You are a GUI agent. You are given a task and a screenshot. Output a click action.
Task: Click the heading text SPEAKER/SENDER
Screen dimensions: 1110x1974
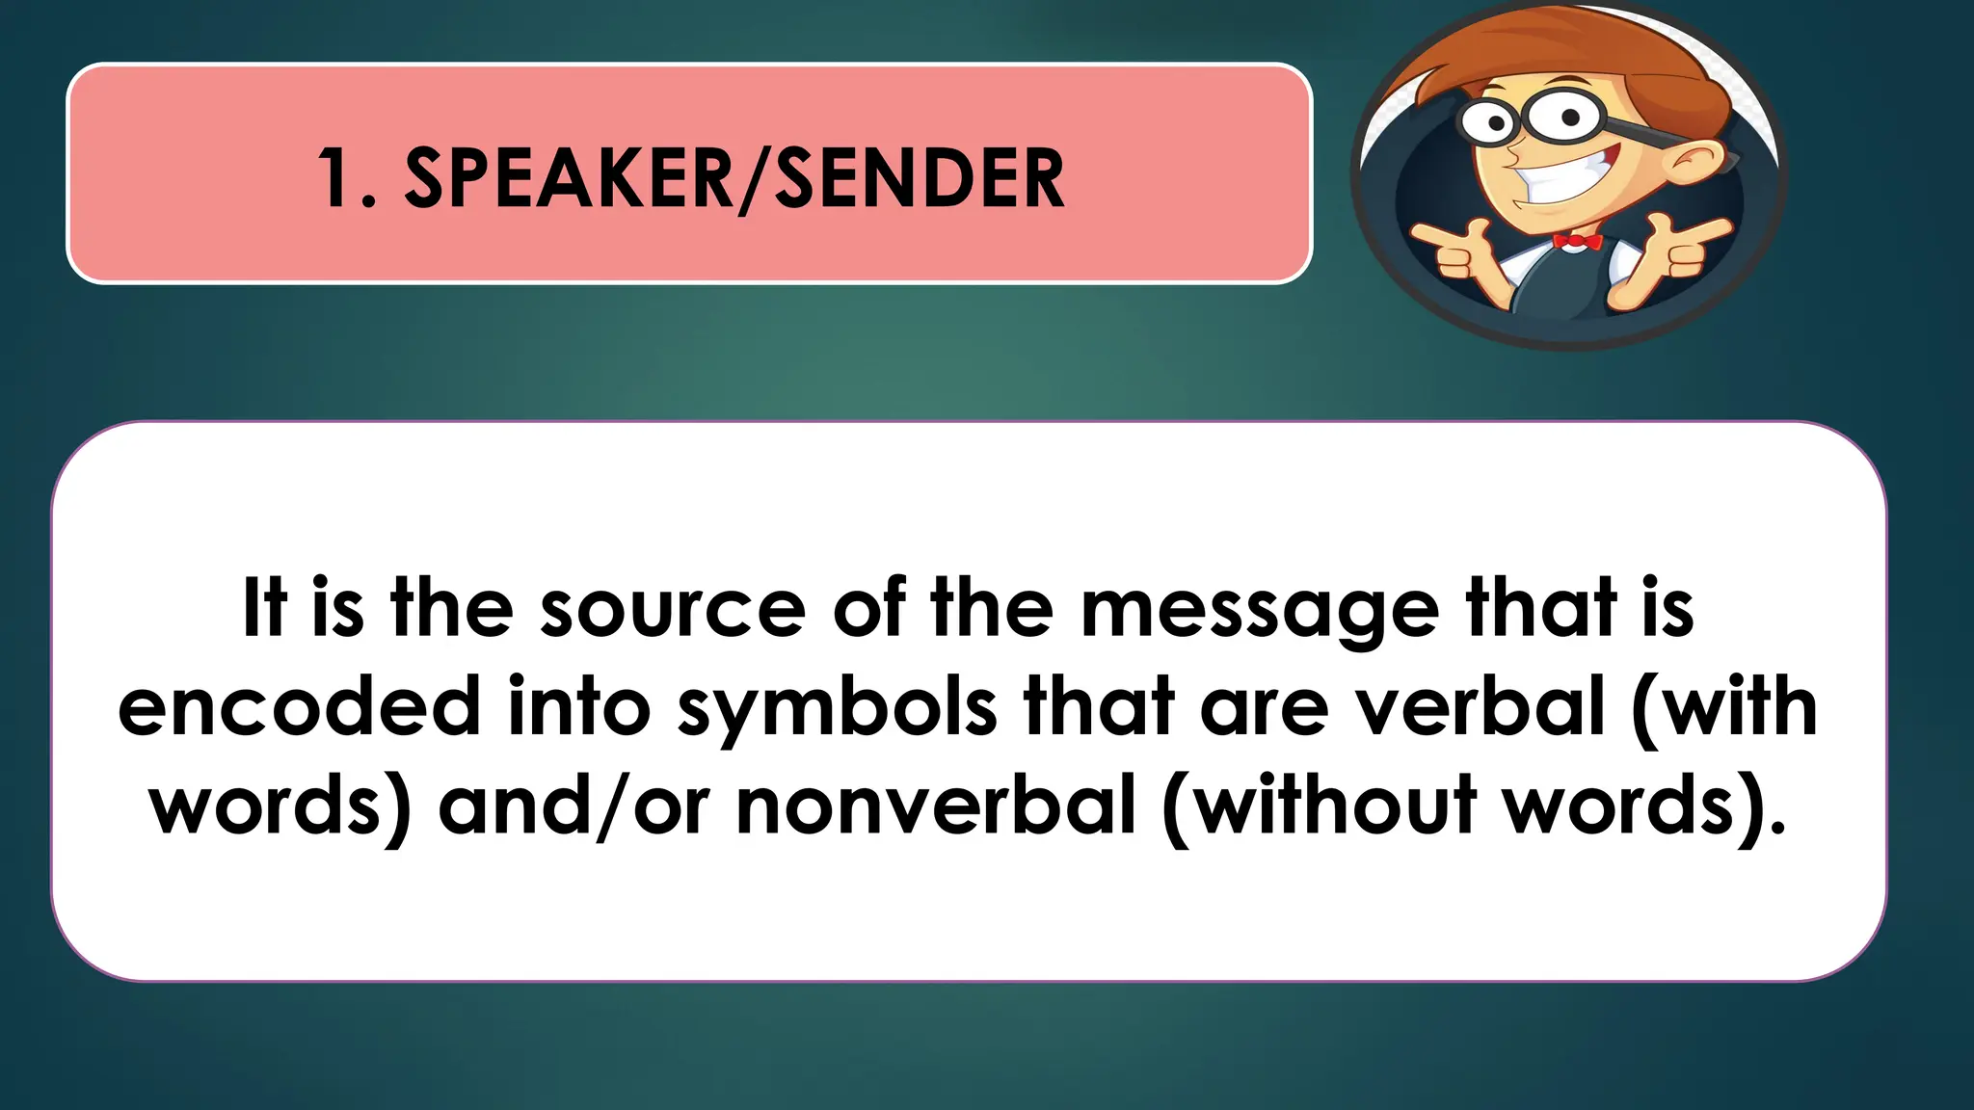[x=734, y=178]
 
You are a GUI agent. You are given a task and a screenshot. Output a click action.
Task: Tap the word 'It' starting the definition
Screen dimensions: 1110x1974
[x=264, y=608]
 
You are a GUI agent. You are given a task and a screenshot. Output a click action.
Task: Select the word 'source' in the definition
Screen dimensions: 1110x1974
[x=672, y=608]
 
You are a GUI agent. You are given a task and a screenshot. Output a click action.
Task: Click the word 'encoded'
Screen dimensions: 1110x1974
[x=299, y=707]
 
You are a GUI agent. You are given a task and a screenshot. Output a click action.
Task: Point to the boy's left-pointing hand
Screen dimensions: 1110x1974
[x=1451, y=248]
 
